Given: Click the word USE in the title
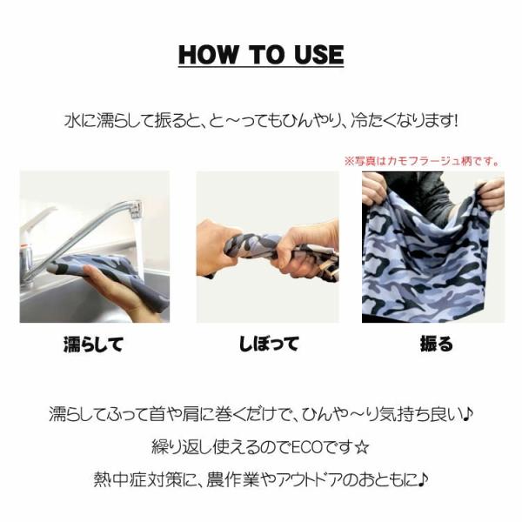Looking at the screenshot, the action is [319, 55].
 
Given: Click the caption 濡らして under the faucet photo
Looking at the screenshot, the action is [94, 345].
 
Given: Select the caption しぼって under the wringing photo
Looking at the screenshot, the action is [268, 344].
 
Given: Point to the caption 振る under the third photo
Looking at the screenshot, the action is [437, 344].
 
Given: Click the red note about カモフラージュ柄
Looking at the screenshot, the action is [422, 162].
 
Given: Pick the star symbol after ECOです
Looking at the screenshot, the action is [362, 447].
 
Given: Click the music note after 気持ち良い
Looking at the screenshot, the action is [468, 414].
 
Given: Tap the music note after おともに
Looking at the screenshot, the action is [423, 479].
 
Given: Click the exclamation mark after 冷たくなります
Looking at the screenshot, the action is [454, 121].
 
